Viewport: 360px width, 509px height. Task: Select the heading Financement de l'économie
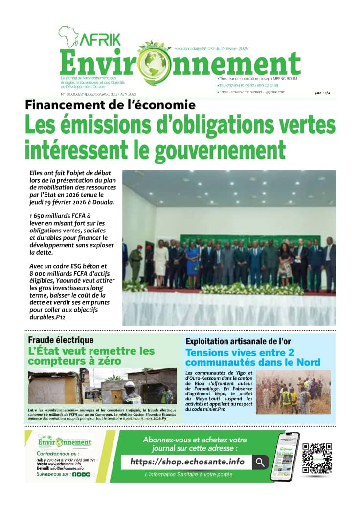click(111, 105)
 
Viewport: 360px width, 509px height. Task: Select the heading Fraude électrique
click(61, 340)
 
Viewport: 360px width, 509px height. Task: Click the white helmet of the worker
click(129, 385)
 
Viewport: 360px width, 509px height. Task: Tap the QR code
click(317, 458)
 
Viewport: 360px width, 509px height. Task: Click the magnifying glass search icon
click(260, 462)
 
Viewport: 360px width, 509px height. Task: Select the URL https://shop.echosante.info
click(187, 462)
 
